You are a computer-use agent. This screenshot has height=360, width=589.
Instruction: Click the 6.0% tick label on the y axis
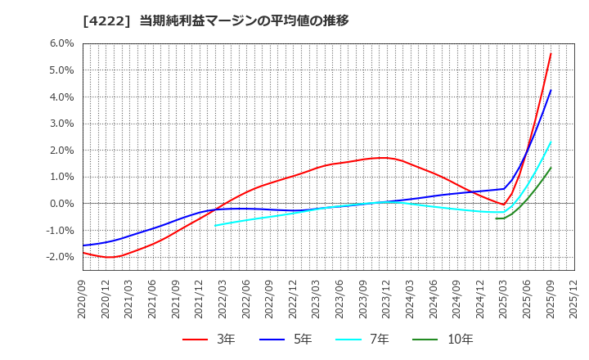click(61, 43)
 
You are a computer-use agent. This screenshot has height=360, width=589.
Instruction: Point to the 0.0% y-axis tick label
click(61, 204)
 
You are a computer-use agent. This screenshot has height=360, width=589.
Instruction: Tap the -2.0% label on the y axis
click(60, 257)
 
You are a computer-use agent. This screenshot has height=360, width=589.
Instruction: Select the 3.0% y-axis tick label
click(61, 124)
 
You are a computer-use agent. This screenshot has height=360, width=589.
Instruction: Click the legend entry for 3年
click(208, 339)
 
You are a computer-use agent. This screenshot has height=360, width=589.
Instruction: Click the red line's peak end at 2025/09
click(551, 54)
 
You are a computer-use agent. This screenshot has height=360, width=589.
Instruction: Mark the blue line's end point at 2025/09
click(551, 90)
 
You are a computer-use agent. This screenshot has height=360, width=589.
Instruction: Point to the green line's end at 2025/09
click(551, 168)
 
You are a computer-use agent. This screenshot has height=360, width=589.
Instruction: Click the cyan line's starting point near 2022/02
click(215, 226)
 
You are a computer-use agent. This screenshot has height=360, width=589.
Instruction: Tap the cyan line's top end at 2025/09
click(551, 142)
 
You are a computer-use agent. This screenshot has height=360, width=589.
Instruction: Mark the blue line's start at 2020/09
click(83, 245)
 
